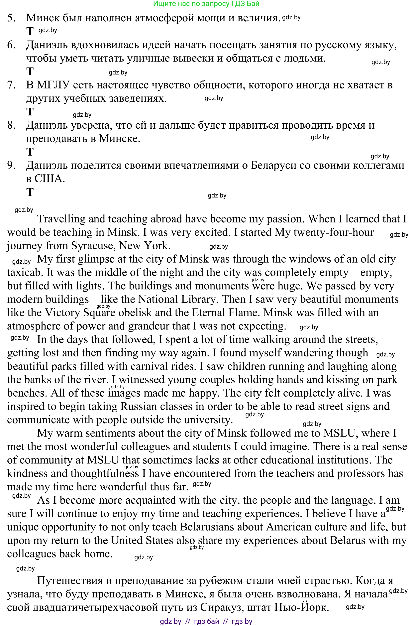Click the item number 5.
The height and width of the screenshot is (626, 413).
11,18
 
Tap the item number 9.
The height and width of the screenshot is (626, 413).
11,165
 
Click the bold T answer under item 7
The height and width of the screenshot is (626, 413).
30,112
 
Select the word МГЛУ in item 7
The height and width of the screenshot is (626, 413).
53,85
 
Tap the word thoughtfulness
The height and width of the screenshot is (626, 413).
105,473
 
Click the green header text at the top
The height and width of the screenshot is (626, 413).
206,3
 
